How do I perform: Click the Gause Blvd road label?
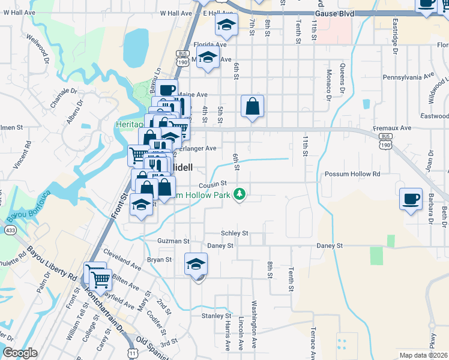pyautogui.click(x=334, y=13)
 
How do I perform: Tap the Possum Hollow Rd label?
pyautogui.click(x=352, y=174)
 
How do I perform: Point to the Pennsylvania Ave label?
pyautogui.click(x=408, y=77)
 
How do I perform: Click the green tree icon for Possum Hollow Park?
pyautogui.click(x=240, y=193)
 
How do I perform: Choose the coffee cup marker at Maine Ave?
pyautogui.click(x=167, y=90)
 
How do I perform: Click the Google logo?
pyautogui.click(x=20, y=353)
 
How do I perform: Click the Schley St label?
pyautogui.click(x=234, y=233)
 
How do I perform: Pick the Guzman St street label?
pyautogui.click(x=173, y=241)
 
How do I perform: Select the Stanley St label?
pyautogui.click(x=216, y=316)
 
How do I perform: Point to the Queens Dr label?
pyautogui.click(x=342, y=78)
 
